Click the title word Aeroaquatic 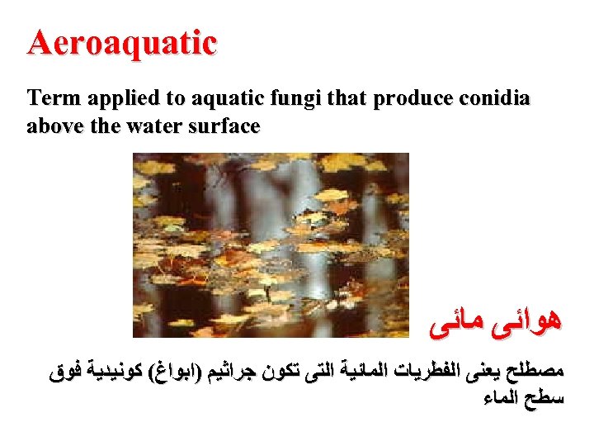(x=122, y=42)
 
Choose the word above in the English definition (x=52, y=126)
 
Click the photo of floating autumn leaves (x=271, y=245)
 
